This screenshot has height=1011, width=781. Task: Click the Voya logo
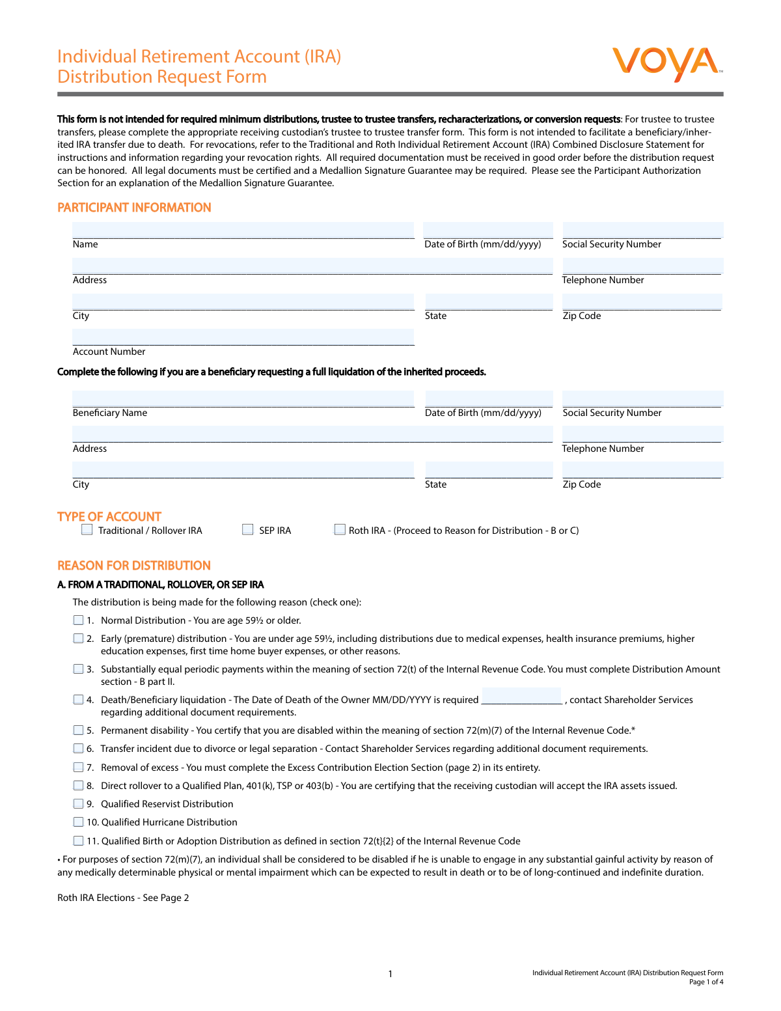click(x=666, y=63)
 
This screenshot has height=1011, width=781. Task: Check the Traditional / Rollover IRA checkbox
click(x=87, y=530)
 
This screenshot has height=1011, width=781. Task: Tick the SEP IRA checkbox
click(x=248, y=530)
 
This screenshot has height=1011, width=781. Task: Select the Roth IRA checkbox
click(x=340, y=530)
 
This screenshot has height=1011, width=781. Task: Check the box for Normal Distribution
click(x=79, y=620)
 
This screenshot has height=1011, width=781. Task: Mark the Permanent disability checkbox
click(x=79, y=730)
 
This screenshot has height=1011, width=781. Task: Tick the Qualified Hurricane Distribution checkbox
click(x=79, y=822)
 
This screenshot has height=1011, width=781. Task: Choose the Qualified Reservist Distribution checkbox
click(x=79, y=804)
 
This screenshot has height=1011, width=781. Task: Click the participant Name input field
click(x=243, y=230)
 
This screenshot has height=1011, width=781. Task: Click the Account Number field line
click(x=243, y=338)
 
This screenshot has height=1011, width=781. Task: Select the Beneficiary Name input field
click(x=243, y=399)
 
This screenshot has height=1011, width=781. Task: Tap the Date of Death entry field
click(x=521, y=696)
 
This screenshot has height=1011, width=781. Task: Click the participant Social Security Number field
click(x=642, y=230)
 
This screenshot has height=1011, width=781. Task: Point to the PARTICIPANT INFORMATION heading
click(x=134, y=208)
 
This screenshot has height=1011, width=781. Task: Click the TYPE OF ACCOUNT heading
click(x=109, y=516)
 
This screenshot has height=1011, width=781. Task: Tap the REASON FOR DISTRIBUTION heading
click(x=134, y=566)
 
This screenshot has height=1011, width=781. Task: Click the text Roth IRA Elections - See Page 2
click(x=123, y=898)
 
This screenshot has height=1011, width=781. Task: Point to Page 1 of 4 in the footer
click(x=706, y=982)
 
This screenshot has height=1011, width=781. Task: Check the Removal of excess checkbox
click(x=79, y=768)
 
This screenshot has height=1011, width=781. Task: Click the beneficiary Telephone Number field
click(x=642, y=434)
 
